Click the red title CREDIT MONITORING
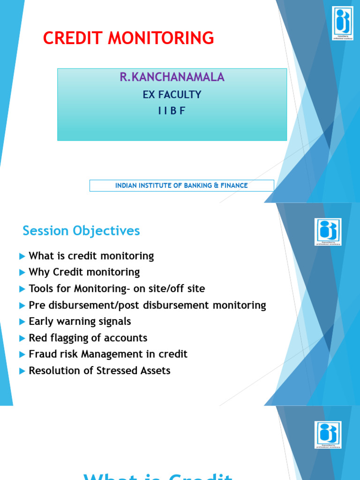128,37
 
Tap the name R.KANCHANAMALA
172,77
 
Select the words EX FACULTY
172,95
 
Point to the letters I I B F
172,111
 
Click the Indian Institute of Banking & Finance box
181,186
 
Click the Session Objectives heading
81,231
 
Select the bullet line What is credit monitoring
91,256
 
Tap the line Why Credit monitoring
84,272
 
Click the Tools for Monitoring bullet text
117,289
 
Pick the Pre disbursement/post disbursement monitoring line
147,305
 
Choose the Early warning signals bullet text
80,322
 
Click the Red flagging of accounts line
88,338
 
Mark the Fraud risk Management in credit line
108,354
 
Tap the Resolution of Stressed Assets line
99,371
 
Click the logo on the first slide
343,23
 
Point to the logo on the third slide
328,435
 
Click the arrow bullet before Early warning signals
22,322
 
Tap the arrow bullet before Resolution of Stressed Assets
22,371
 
